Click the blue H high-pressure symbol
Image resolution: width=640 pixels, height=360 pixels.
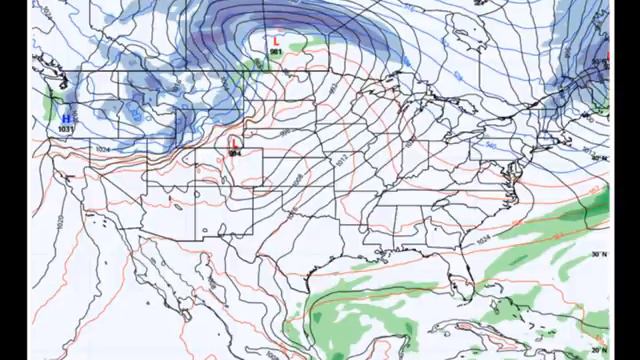click(66, 119)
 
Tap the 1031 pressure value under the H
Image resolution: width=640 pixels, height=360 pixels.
click(66, 129)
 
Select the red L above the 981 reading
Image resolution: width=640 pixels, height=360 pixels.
click(276, 41)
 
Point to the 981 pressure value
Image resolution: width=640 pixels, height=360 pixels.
click(276, 50)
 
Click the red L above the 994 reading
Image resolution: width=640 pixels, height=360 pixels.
click(234, 144)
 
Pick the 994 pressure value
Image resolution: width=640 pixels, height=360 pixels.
click(234, 153)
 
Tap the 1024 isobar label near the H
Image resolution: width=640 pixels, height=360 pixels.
click(102, 149)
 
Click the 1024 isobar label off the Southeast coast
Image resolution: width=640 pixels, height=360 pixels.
click(484, 240)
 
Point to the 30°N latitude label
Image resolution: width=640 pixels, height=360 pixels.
click(599, 254)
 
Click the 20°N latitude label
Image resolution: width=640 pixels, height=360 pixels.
click(599, 349)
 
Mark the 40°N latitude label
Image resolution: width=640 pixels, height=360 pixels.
click(599, 157)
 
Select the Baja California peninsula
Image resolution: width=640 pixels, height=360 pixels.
click(150, 280)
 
